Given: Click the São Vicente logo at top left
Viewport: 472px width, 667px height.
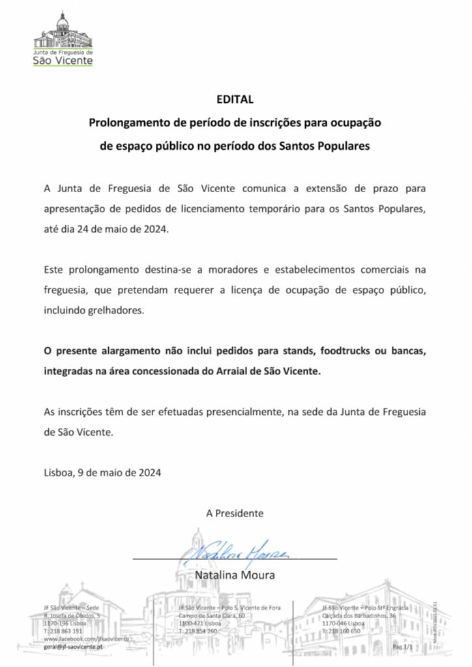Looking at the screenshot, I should pyautogui.click(x=63, y=39).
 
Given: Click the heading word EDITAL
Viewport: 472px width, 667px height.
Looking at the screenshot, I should pyautogui.click(x=235, y=100).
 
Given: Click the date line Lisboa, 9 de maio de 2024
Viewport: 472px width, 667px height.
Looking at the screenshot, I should pyautogui.click(x=102, y=472).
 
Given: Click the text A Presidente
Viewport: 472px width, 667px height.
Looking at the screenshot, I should pyautogui.click(x=235, y=513).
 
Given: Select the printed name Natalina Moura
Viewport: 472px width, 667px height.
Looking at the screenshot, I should pyautogui.click(x=235, y=575).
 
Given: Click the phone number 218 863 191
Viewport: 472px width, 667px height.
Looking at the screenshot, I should pyautogui.click(x=65, y=631).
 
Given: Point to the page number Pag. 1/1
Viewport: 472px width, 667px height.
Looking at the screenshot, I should pyautogui.click(x=403, y=647).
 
